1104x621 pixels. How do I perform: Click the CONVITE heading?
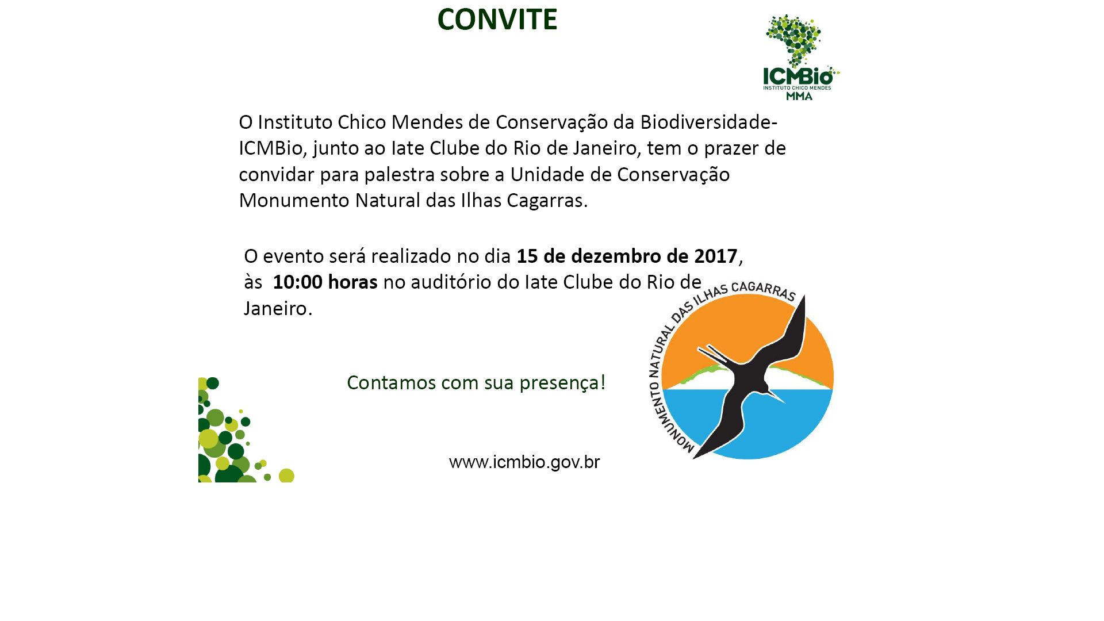pyautogui.click(x=497, y=19)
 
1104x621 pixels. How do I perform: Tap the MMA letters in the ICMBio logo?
pyautogui.click(x=799, y=96)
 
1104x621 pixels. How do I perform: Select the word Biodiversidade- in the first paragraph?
pyautogui.click(x=708, y=122)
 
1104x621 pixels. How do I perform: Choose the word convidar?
pyautogui.click(x=277, y=174)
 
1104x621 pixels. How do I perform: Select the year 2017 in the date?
pyautogui.click(x=715, y=256)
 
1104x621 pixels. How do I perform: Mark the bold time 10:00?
pyautogui.click(x=297, y=282)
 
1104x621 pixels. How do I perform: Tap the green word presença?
pyautogui.click(x=562, y=383)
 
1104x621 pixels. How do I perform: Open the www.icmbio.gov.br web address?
pyautogui.click(x=524, y=462)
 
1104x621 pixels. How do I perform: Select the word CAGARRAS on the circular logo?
pyautogui.click(x=764, y=290)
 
